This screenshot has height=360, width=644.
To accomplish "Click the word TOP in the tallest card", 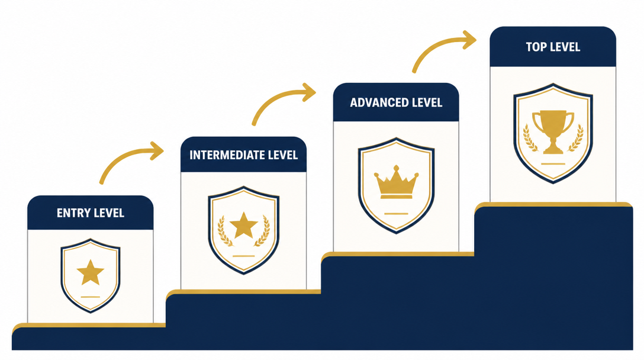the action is point(534,47).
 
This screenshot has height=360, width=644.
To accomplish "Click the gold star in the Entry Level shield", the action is point(91,272).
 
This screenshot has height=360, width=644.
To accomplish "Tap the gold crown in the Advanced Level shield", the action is point(397,182).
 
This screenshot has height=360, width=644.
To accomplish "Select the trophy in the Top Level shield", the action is point(553,131).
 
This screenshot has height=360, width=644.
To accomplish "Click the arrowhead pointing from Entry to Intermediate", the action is point(157,151).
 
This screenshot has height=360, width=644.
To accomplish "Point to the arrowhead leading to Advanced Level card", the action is point(309,92).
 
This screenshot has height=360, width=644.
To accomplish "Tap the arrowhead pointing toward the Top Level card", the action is point(469,40).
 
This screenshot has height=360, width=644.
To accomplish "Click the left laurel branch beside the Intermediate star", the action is point(224,231).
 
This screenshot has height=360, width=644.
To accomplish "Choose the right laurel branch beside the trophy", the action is point(577,139).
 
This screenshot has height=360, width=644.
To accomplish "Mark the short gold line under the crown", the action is point(396,214).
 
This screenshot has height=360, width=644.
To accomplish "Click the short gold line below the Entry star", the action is point(91,297).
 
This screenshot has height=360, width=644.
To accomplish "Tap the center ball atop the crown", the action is point(397,168).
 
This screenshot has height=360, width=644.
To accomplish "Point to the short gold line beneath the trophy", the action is point(553,164).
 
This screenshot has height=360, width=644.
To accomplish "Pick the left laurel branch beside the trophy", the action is point(530,139).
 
